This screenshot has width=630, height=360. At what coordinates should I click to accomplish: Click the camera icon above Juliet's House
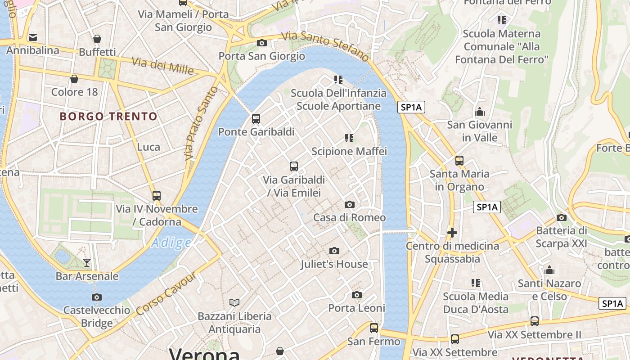point(334,251)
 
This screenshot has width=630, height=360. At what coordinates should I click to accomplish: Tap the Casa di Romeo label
point(349,217)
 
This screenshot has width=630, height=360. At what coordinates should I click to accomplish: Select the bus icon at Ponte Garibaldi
point(256,119)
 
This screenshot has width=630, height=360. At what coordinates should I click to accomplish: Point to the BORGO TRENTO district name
point(108,117)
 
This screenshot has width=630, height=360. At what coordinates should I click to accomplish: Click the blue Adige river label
point(171,243)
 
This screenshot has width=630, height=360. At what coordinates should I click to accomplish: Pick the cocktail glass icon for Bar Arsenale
point(87,262)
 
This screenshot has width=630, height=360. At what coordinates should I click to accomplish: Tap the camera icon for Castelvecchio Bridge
point(96,297)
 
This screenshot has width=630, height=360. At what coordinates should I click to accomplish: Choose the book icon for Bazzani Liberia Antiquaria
point(234,302)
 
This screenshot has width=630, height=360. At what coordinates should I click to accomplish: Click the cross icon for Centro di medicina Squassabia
point(452,233)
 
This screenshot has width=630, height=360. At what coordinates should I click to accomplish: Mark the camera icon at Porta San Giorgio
point(261,43)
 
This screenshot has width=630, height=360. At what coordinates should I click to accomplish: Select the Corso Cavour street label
point(166,293)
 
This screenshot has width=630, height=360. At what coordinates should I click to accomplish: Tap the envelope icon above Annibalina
point(33,37)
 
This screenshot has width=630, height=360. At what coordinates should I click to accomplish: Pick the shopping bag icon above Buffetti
point(97,39)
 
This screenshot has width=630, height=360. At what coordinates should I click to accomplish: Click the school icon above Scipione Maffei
point(349,138)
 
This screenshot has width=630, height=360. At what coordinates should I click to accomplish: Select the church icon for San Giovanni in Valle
point(480,112)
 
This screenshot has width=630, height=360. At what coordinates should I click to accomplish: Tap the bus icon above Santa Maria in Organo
point(459,160)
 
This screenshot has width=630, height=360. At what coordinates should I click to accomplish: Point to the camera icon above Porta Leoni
point(357,295)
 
